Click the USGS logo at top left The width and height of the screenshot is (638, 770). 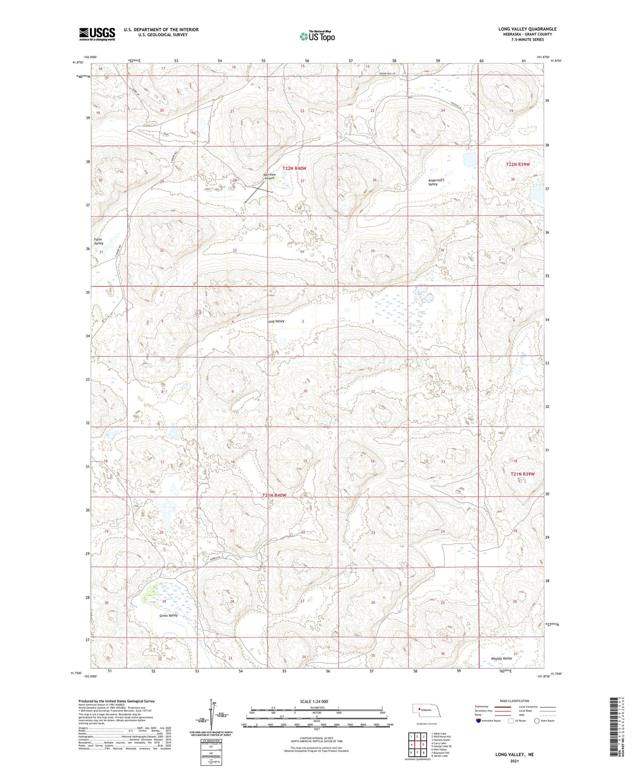click(97, 34)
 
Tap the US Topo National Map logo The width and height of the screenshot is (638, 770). click(317, 36)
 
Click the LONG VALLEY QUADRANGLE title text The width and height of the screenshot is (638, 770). click(527, 29)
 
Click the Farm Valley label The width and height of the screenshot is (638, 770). click(98, 241)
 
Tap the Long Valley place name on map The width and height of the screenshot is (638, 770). click(276, 321)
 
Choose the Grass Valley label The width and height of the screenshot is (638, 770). click(169, 616)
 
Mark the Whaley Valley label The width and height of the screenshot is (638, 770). click(501, 658)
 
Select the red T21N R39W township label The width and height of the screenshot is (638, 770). click(522, 474)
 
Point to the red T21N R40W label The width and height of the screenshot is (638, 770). click(274, 495)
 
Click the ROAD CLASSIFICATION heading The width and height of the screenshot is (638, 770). click(514, 701)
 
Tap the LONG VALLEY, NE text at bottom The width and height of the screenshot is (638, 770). click(514, 755)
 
